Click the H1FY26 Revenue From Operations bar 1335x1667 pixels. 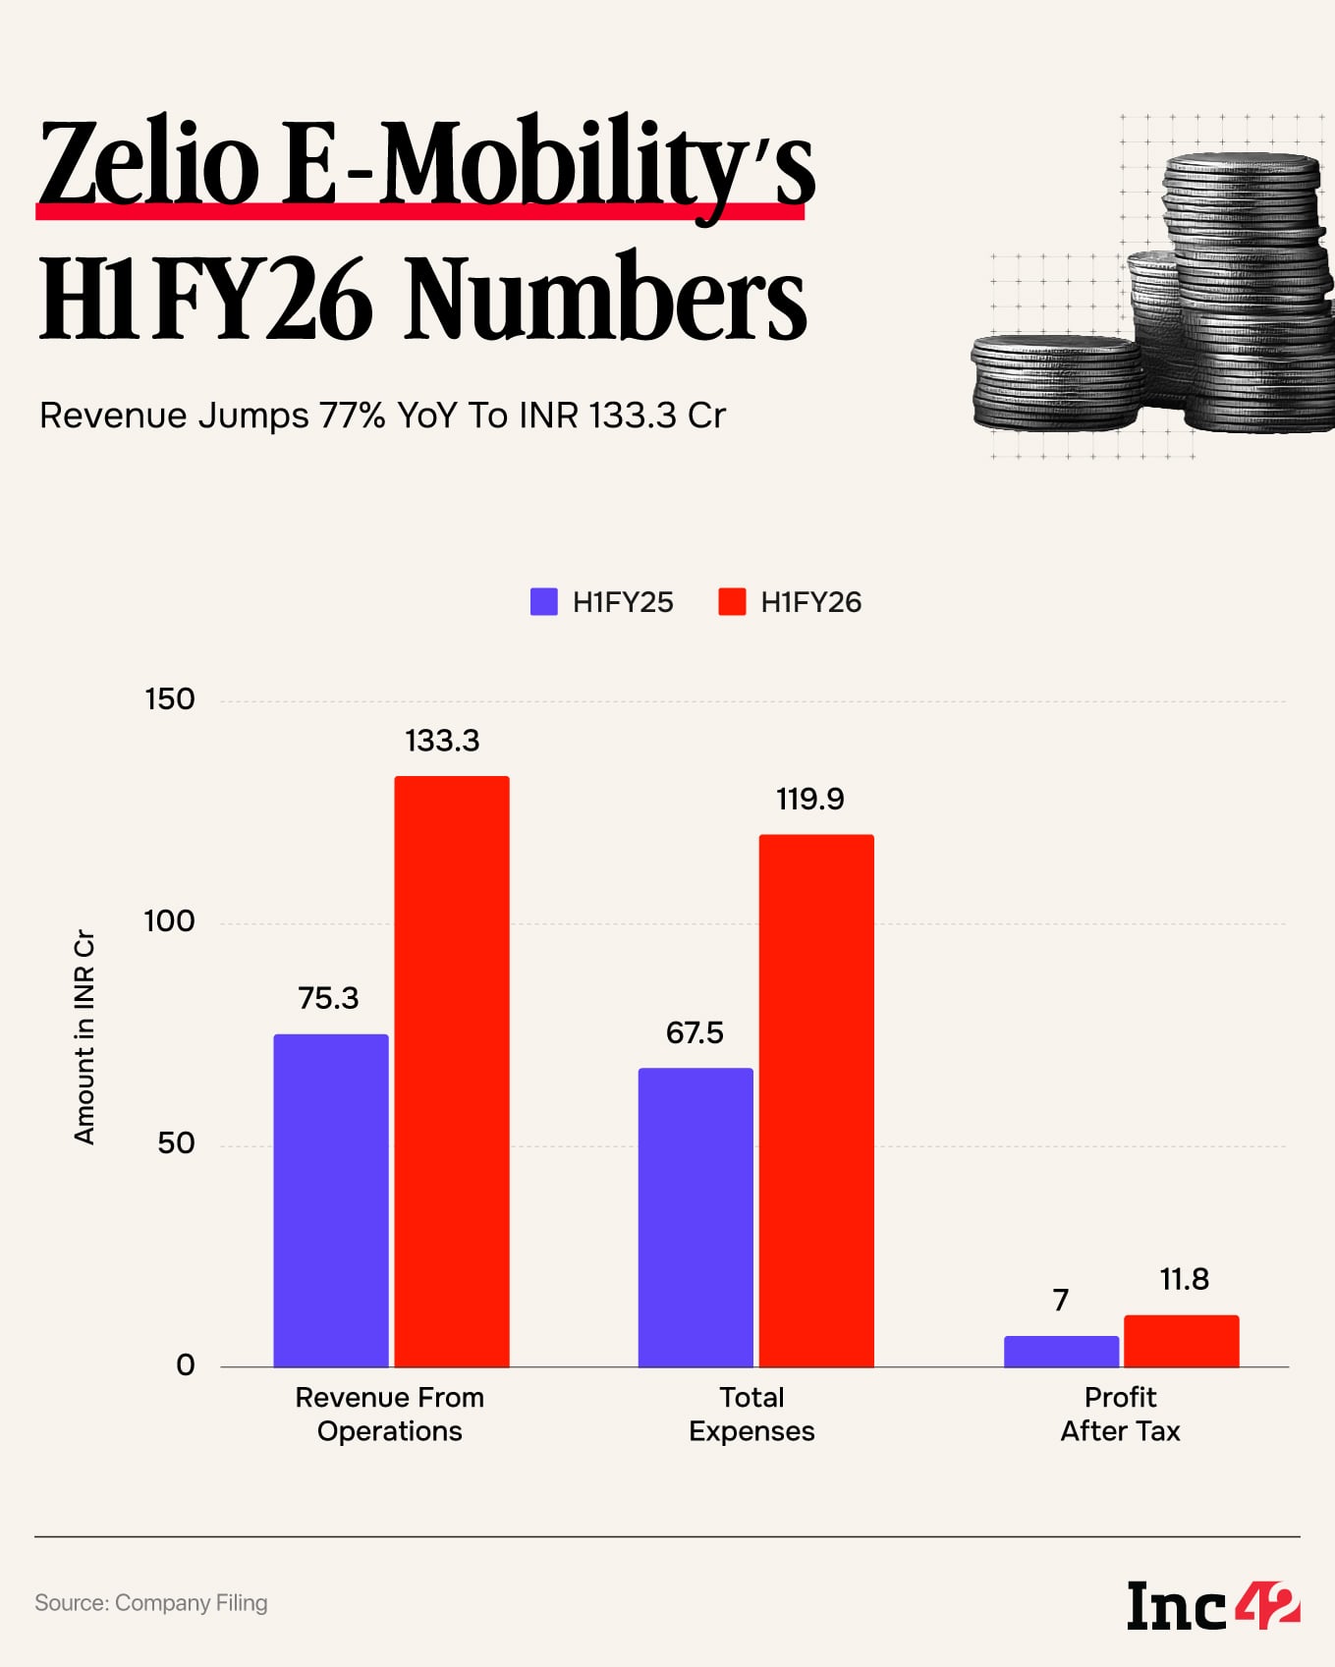[x=452, y=1071]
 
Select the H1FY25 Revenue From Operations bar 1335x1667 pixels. [x=331, y=1200]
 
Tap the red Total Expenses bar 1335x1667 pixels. [x=816, y=1100]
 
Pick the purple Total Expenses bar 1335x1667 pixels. [x=695, y=1217]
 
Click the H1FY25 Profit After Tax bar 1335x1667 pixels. [x=1061, y=1352]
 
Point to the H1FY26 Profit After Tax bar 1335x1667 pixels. [x=1182, y=1341]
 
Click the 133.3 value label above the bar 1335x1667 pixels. [x=442, y=741]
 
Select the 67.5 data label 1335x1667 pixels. [x=695, y=1032]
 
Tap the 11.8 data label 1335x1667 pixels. [x=1184, y=1279]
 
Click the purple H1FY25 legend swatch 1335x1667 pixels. [x=543, y=602]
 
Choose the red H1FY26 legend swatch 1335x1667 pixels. [x=732, y=602]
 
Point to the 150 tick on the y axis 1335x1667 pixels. [x=170, y=699]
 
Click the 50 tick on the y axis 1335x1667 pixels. [x=176, y=1143]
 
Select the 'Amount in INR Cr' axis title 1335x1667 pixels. [x=84, y=1036]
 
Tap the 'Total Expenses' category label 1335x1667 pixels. [x=751, y=1414]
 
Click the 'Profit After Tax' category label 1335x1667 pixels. [x=1120, y=1414]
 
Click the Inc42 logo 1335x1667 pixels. [x=1213, y=1606]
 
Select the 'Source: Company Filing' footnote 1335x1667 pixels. [x=151, y=1603]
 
